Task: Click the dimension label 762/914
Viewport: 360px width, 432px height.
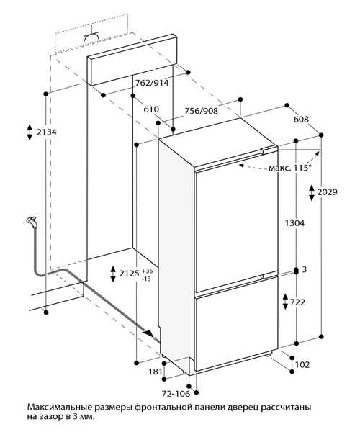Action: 152,83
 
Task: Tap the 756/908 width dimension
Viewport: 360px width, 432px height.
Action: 201,111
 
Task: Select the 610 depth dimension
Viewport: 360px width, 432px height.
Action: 151,109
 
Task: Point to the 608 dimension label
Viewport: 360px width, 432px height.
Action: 301,120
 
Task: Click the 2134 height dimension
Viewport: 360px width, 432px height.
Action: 47,132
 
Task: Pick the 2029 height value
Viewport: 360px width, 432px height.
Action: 327,192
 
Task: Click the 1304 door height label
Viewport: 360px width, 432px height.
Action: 294,223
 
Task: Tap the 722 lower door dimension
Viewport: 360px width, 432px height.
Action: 297,302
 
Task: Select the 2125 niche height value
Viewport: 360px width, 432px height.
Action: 130,274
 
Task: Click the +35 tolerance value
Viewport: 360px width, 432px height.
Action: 147,271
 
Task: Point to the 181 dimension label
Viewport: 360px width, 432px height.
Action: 156,372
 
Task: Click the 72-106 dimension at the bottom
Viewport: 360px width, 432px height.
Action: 176,394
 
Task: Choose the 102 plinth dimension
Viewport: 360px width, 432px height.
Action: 302,364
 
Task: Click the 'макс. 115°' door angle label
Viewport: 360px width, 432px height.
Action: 290,168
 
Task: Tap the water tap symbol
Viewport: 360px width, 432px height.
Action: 32,222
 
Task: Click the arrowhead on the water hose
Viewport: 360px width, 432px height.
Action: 149,333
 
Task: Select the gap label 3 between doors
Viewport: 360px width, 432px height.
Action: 304,269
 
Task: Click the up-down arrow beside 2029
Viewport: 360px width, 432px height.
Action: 312,192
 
